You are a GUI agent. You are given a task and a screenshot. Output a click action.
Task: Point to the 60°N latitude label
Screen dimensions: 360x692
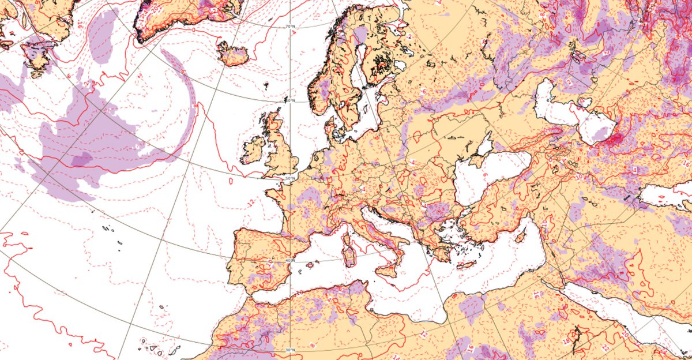pyautogui.click(x=291, y=100)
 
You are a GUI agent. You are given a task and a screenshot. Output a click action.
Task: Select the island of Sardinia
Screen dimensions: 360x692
pyautogui.click(x=350, y=254)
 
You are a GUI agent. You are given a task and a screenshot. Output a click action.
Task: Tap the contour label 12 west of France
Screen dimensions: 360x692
pyautogui.click(x=251, y=202)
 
